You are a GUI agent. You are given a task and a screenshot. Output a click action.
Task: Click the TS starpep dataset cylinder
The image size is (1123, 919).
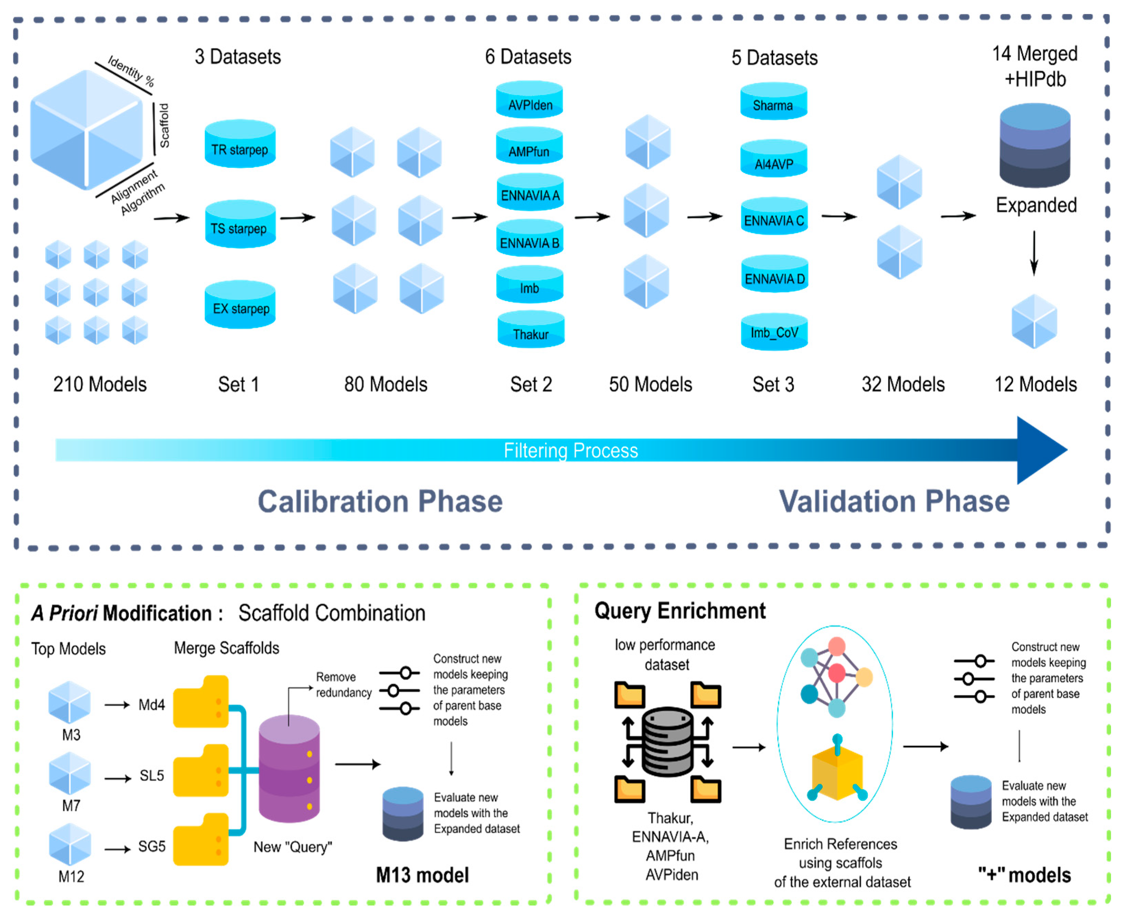tap(239, 224)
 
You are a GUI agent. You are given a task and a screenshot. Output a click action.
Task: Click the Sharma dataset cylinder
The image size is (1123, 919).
tap(773, 101)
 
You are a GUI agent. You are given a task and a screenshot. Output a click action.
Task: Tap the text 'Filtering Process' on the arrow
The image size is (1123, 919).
tap(570, 451)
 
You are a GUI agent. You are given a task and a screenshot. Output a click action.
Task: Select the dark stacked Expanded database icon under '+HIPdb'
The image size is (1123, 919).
tap(1034, 146)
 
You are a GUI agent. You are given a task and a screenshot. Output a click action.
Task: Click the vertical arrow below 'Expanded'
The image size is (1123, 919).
tap(1034, 253)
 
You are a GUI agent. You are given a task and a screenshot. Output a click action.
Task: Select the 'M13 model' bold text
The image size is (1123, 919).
tap(422, 875)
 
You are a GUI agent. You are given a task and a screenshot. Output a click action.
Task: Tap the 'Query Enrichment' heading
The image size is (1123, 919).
tap(679, 611)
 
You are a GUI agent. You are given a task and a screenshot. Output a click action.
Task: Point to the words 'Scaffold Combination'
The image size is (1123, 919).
tap(332, 613)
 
